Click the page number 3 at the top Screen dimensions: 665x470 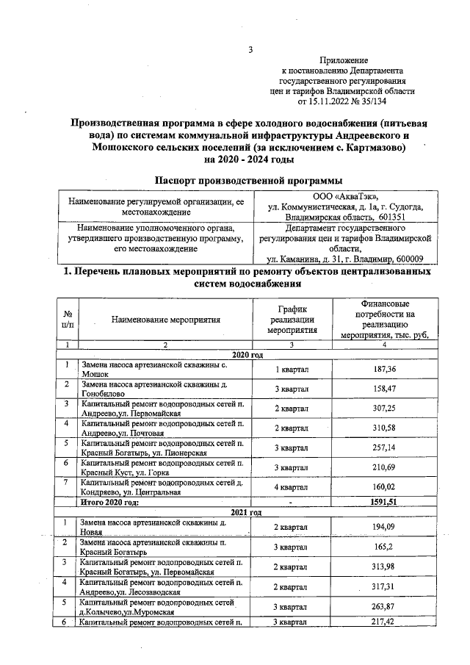click(x=250, y=50)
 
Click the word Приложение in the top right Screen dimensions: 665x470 click(x=344, y=59)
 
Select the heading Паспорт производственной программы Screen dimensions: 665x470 click(x=249, y=180)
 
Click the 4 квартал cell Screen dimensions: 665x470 click(x=291, y=487)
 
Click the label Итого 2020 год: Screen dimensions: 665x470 click(x=110, y=503)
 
